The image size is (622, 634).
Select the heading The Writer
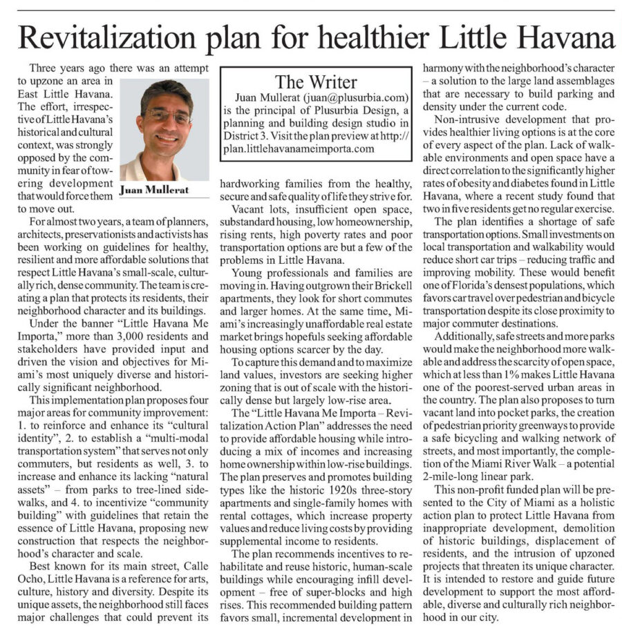coord(316,82)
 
